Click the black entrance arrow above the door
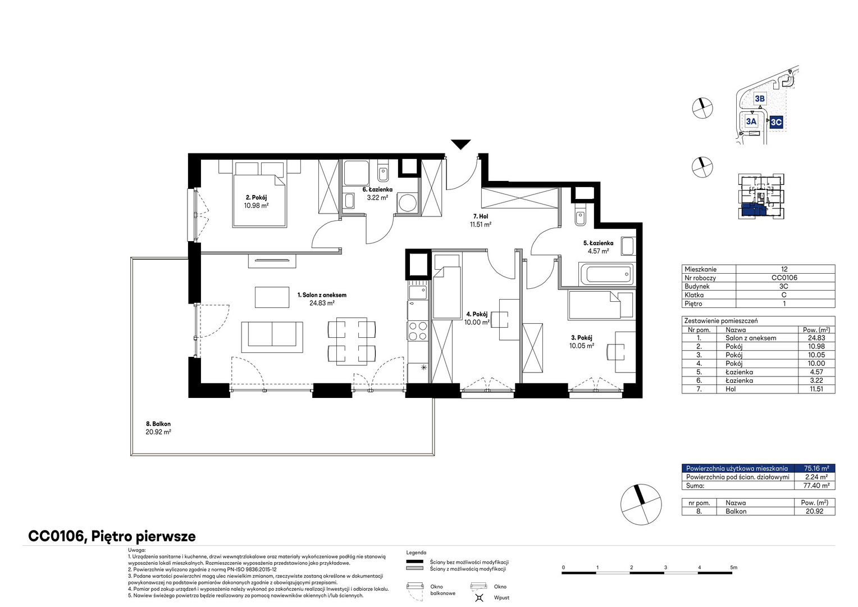click(x=460, y=144)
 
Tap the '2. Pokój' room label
click(x=256, y=197)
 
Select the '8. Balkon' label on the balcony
click(x=158, y=424)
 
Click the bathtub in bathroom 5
click(x=607, y=274)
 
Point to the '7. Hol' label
click(x=480, y=216)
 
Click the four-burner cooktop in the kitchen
click(x=418, y=331)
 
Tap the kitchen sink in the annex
click(x=418, y=292)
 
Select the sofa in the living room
click(x=272, y=337)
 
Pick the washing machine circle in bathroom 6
click(x=407, y=202)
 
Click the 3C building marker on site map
click(x=776, y=123)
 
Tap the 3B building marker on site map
click(x=760, y=99)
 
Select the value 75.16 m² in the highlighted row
click(x=816, y=468)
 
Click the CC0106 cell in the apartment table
click(x=784, y=278)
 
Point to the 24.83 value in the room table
click(x=816, y=338)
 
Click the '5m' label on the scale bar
click(x=733, y=567)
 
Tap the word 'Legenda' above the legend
click(x=416, y=552)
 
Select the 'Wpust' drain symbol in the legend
click(x=479, y=597)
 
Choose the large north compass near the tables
click(x=641, y=504)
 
